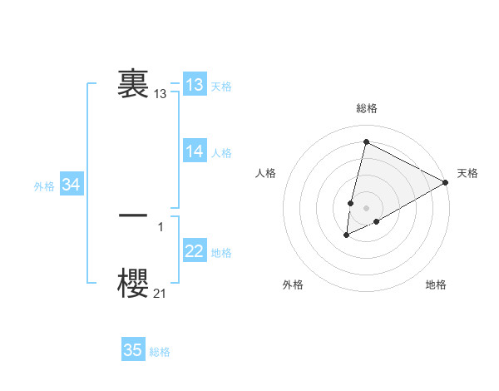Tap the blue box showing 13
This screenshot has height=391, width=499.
[x=195, y=85]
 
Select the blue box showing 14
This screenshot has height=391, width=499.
[x=195, y=151]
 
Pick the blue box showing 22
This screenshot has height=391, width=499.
[x=195, y=251]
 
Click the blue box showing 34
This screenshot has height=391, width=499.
[x=72, y=186]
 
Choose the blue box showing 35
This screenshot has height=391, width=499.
[x=133, y=350]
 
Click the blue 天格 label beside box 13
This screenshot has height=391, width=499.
[x=221, y=87]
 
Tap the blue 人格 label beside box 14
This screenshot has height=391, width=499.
[x=221, y=153]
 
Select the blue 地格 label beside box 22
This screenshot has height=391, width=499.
[x=221, y=253]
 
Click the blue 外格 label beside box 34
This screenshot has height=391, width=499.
[x=44, y=187]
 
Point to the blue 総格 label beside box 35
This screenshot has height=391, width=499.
[x=160, y=352]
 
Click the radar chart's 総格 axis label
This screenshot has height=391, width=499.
[x=367, y=108]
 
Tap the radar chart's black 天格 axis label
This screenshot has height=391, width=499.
[x=467, y=173]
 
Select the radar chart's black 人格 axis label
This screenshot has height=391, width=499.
[x=265, y=173]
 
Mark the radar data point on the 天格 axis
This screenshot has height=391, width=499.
[x=446, y=182]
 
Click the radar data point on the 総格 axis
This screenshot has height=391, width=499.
[x=366, y=141]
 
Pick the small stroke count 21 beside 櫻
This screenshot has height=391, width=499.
[x=160, y=292]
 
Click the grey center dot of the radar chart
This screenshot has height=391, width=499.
[x=366, y=208]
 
